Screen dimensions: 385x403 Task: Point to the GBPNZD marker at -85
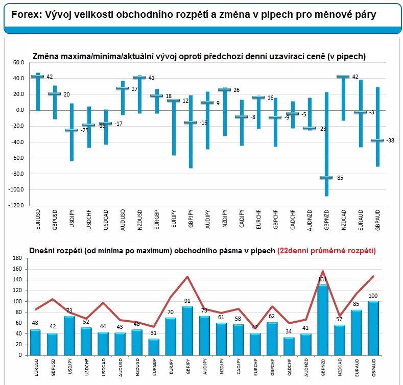click(325, 178)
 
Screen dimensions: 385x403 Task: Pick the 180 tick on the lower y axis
click(19, 259)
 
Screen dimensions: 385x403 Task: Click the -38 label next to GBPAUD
click(390, 140)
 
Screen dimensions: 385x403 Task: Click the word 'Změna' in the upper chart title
click(45, 56)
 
